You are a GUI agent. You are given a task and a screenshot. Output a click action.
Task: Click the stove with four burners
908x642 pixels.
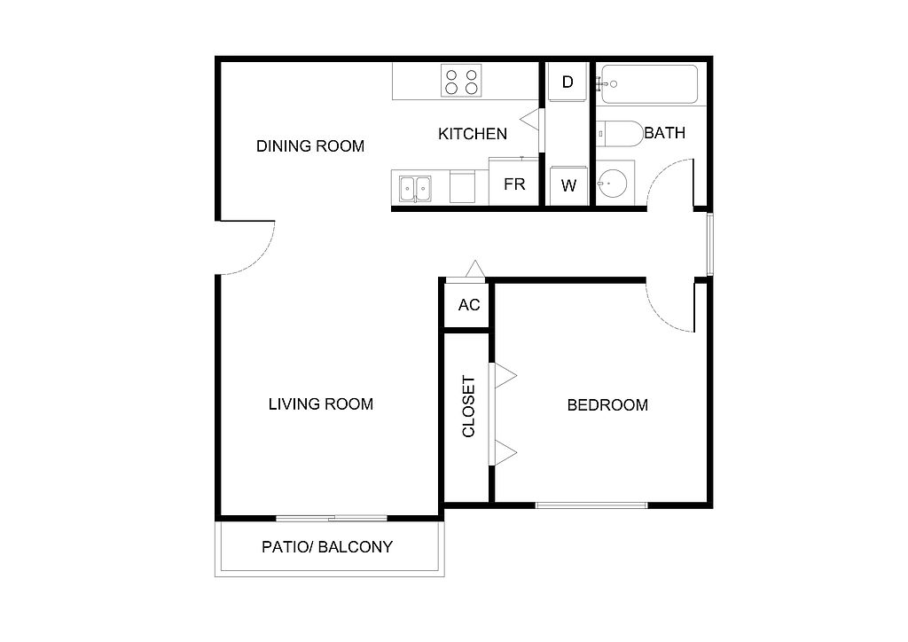(461, 81)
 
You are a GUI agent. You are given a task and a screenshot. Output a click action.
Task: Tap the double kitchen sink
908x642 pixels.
(415, 189)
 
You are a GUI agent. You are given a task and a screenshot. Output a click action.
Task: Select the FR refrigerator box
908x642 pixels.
(513, 182)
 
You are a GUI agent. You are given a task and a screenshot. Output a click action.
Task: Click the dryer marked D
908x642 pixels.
(567, 82)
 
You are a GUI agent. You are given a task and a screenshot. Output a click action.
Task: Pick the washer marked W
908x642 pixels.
(568, 186)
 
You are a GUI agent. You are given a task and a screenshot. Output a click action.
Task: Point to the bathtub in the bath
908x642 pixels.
(649, 84)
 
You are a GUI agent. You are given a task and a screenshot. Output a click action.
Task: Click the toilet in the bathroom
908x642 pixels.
(620, 134)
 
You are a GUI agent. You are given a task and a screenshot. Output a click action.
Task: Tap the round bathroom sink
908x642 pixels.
(612, 184)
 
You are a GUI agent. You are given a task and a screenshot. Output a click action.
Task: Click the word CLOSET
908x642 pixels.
(468, 406)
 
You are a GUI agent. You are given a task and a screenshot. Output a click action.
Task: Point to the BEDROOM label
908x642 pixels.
(607, 405)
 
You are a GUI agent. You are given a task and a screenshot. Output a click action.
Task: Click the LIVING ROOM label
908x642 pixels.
(321, 404)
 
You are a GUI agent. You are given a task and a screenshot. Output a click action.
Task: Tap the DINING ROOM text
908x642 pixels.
(310, 146)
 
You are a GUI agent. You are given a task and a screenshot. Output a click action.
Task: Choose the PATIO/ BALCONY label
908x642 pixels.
(327, 547)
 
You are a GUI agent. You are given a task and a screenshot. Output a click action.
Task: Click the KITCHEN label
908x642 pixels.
(473, 134)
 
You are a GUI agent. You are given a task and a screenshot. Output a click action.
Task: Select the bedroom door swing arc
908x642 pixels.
(657, 317)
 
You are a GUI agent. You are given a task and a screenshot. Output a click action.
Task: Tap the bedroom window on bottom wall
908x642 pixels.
(591, 505)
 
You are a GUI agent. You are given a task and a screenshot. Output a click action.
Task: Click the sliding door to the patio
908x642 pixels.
(332, 518)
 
